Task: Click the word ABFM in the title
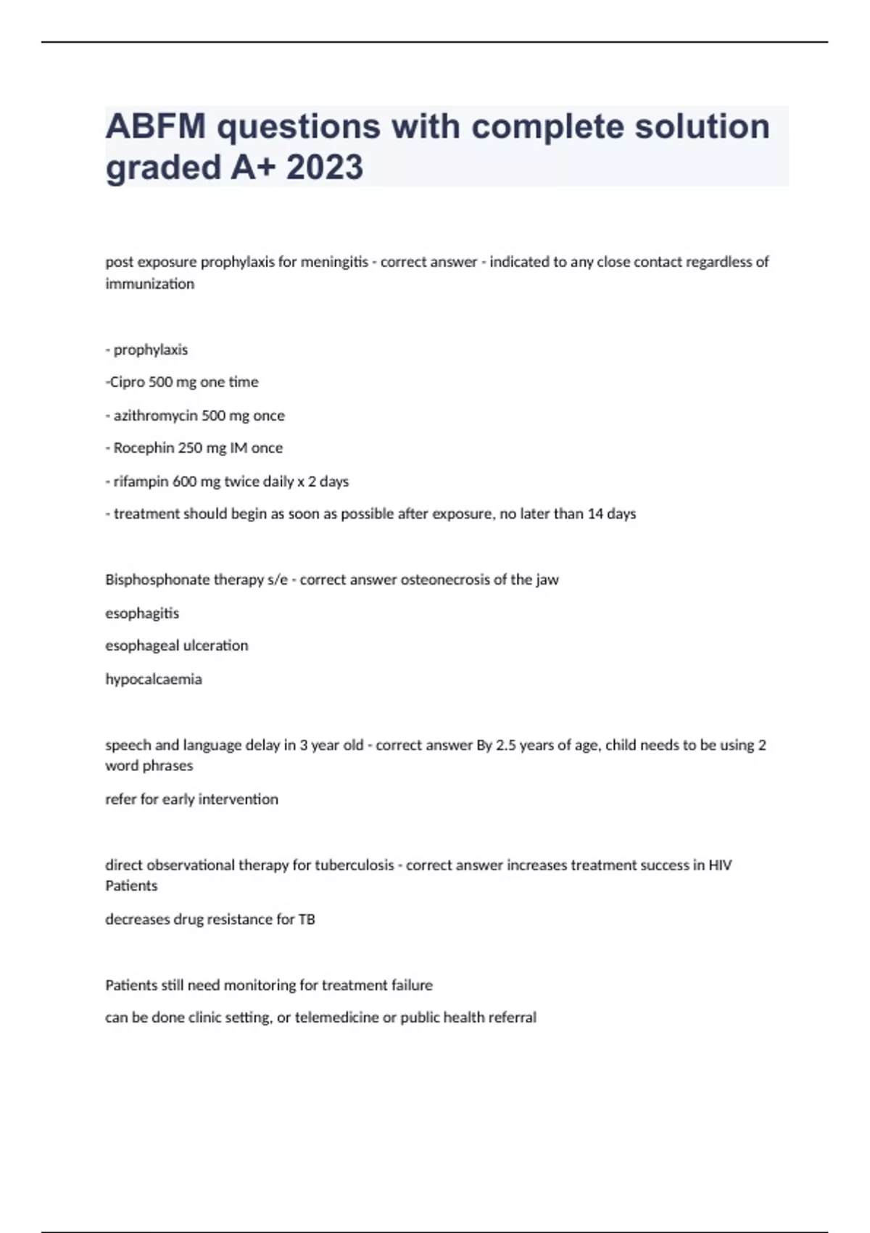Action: (x=155, y=127)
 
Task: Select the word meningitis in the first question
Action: (x=334, y=262)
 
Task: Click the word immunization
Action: (x=149, y=284)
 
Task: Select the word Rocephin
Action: (x=144, y=448)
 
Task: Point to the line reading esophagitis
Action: (x=142, y=614)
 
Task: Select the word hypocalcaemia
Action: (x=154, y=680)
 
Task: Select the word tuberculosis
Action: (x=354, y=865)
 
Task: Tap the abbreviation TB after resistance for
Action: (x=306, y=920)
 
